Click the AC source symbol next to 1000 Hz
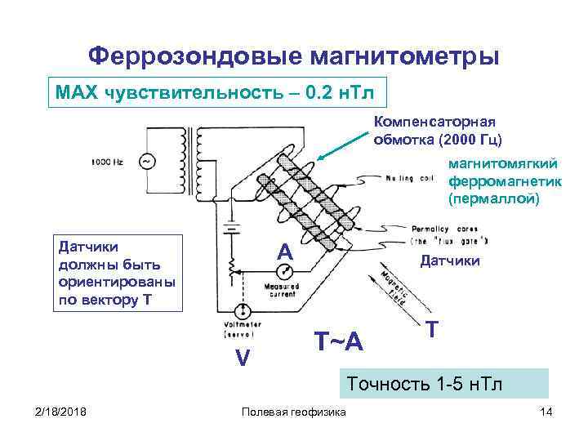pos(148,162)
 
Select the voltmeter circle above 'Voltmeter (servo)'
pos(243,312)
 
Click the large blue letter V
pos(243,358)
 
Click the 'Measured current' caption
pos(280,291)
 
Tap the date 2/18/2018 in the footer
pos(55,410)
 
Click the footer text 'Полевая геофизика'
pos(293,410)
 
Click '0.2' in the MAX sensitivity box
pos(318,91)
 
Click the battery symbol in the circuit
pos(232,226)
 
